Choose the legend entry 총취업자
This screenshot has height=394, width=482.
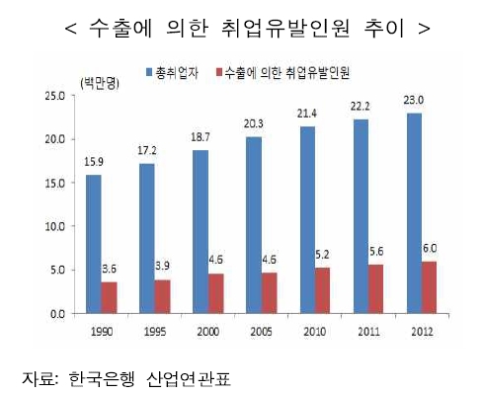[178, 74]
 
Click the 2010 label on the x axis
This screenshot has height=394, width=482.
[315, 328]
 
